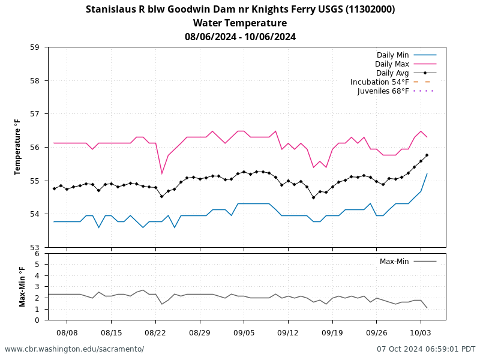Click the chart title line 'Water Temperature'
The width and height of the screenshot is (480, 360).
(240, 23)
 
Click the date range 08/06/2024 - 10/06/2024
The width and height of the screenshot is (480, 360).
(240, 37)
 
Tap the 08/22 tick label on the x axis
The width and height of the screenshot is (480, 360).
(155, 332)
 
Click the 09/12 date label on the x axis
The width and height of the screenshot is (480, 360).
(288, 332)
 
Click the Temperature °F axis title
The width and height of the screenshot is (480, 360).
(17, 147)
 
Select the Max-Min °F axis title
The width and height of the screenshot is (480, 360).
(22, 287)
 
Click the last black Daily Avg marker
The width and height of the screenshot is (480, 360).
(427, 155)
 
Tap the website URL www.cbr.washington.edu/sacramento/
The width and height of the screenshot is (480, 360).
(74, 349)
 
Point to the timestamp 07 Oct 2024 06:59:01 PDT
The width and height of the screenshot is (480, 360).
(426, 349)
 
